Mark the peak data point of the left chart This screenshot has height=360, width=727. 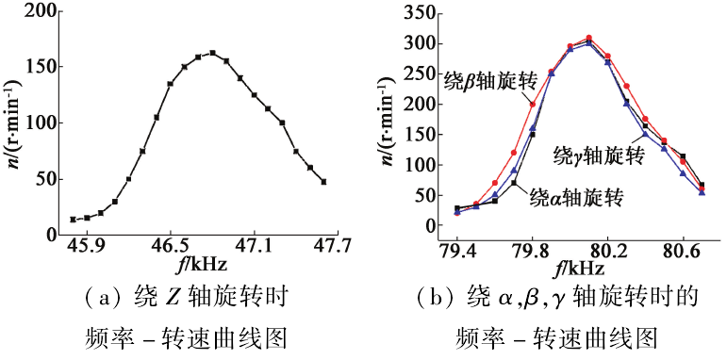pos(212,53)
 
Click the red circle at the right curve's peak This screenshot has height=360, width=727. pos(588,38)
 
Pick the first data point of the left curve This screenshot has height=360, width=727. pos(73,220)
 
